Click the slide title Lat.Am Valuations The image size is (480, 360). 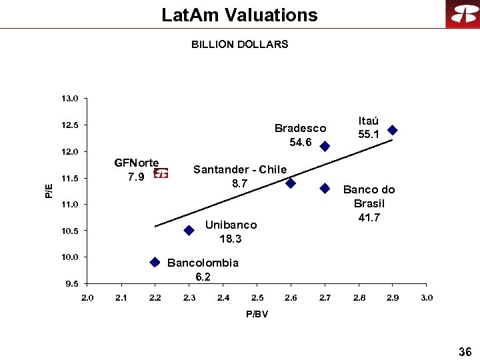239,15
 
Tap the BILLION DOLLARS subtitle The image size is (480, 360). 239,45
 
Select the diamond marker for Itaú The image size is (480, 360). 393,130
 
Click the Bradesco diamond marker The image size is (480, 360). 325,146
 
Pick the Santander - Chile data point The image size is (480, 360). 291,183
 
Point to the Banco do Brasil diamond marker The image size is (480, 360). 325,188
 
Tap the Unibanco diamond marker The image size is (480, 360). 189,230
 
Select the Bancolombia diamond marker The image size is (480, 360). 155,262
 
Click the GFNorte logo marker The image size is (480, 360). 161,173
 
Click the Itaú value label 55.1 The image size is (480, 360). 369,135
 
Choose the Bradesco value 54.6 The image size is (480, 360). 301,143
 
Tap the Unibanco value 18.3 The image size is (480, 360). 231,239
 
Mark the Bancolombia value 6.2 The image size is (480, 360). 203,277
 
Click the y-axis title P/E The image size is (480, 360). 49,191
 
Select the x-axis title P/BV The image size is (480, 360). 257,314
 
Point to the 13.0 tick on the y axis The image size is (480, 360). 69,99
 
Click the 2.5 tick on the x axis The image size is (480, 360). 257,297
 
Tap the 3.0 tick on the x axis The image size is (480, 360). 427,297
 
